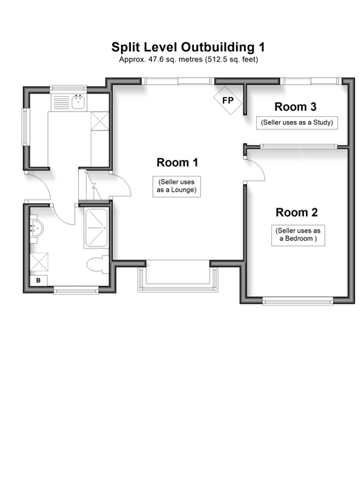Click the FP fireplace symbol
click(x=228, y=100)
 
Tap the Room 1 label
click(x=177, y=162)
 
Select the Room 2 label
click(x=297, y=213)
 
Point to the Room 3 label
click(x=295, y=107)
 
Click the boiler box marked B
click(x=39, y=280)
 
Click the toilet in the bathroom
click(x=98, y=264)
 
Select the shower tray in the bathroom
click(x=96, y=228)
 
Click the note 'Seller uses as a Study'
click(x=297, y=123)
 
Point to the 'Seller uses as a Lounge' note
click(x=177, y=186)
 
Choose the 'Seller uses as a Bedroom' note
click(x=298, y=235)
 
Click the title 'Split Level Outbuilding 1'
click(x=188, y=47)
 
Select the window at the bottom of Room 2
click(x=298, y=302)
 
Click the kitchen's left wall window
click(x=24, y=127)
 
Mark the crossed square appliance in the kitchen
click(x=100, y=121)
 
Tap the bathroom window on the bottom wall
click(x=76, y=291)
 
